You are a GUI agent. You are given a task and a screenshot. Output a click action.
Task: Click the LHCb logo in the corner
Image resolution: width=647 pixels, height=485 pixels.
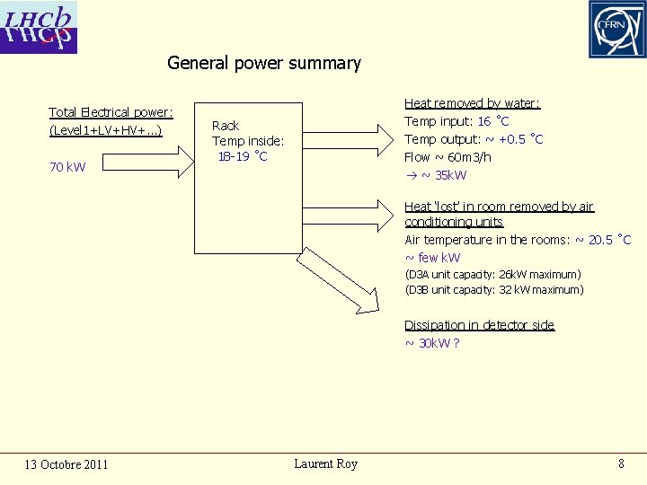coord(40,27)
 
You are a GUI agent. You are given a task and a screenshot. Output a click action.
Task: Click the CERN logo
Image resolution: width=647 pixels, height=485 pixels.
coord(616,29)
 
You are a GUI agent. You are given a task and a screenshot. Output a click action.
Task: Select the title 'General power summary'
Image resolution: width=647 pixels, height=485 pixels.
coord(263,64)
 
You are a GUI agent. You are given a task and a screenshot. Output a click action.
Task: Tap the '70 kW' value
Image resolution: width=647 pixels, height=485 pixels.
coord(67,167)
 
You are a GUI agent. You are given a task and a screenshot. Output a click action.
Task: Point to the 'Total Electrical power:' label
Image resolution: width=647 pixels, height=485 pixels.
coord(111,112)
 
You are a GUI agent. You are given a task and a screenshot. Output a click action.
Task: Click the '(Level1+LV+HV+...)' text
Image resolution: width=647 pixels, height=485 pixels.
coord(105,131)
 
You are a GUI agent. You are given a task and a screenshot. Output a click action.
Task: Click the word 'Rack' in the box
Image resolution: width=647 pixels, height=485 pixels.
coord(226,126)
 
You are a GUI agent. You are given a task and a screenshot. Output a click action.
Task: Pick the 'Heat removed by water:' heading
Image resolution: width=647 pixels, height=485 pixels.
coord(472,104)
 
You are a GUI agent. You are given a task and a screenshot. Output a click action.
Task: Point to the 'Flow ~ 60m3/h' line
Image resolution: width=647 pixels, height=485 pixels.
coord(448,157)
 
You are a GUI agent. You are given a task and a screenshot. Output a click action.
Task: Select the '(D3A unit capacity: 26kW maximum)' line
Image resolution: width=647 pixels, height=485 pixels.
coord(492,274)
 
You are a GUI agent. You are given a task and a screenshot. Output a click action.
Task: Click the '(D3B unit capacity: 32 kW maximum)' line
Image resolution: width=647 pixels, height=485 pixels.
coord(493,290)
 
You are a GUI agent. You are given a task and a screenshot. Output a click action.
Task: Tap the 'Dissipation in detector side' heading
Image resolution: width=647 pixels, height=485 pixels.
coord(479,325)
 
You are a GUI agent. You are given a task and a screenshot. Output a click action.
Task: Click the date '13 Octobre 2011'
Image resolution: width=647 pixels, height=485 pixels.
coord(66,464)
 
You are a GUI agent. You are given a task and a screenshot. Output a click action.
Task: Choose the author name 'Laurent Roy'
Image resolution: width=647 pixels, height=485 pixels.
coord(325,463)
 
